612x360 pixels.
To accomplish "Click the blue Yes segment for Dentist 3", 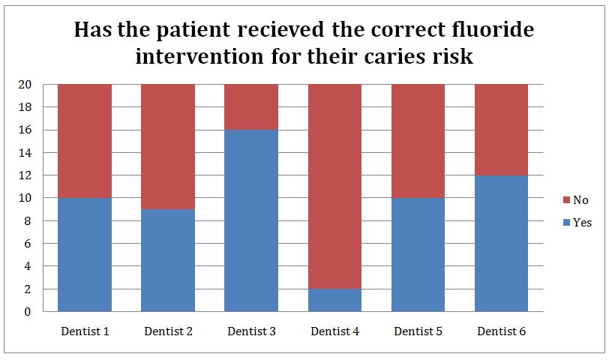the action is [251, 220].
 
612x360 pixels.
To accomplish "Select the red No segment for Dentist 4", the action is [335, 187].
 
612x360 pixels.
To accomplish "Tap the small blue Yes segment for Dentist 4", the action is [335, 300].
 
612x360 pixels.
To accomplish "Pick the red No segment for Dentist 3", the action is [251, 107].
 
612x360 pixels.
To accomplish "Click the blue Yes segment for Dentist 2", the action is [168, 260].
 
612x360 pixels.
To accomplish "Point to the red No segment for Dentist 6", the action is [502, 130].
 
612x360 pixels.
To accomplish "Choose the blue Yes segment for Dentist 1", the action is [85, 254].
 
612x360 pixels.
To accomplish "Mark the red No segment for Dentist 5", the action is [418, 141].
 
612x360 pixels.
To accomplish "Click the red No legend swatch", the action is [567, 200].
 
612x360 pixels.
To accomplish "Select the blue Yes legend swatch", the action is [567, 223].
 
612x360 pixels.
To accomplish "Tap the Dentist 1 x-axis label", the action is [85, 331].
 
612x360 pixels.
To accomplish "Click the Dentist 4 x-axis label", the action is [335, 331].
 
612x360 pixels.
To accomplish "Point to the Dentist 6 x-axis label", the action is [502, 331].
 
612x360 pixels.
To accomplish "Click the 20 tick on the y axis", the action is [25, 84].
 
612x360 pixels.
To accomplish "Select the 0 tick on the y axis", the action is [27, 312].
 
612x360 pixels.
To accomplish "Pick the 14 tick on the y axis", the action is [25, 153].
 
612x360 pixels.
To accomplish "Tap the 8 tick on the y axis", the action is [27, 221].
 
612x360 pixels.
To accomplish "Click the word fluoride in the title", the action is [493, 29].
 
